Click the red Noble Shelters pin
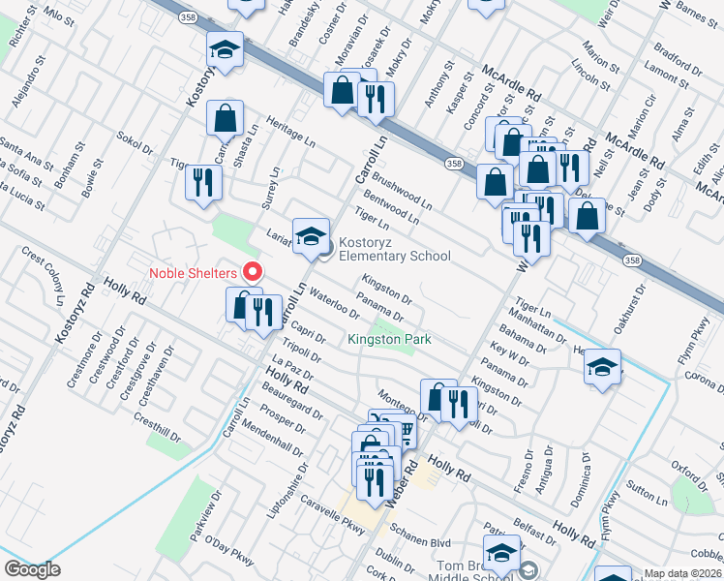254,271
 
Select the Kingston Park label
389,340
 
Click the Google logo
32,569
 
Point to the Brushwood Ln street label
401,193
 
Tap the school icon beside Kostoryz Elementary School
311,236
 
